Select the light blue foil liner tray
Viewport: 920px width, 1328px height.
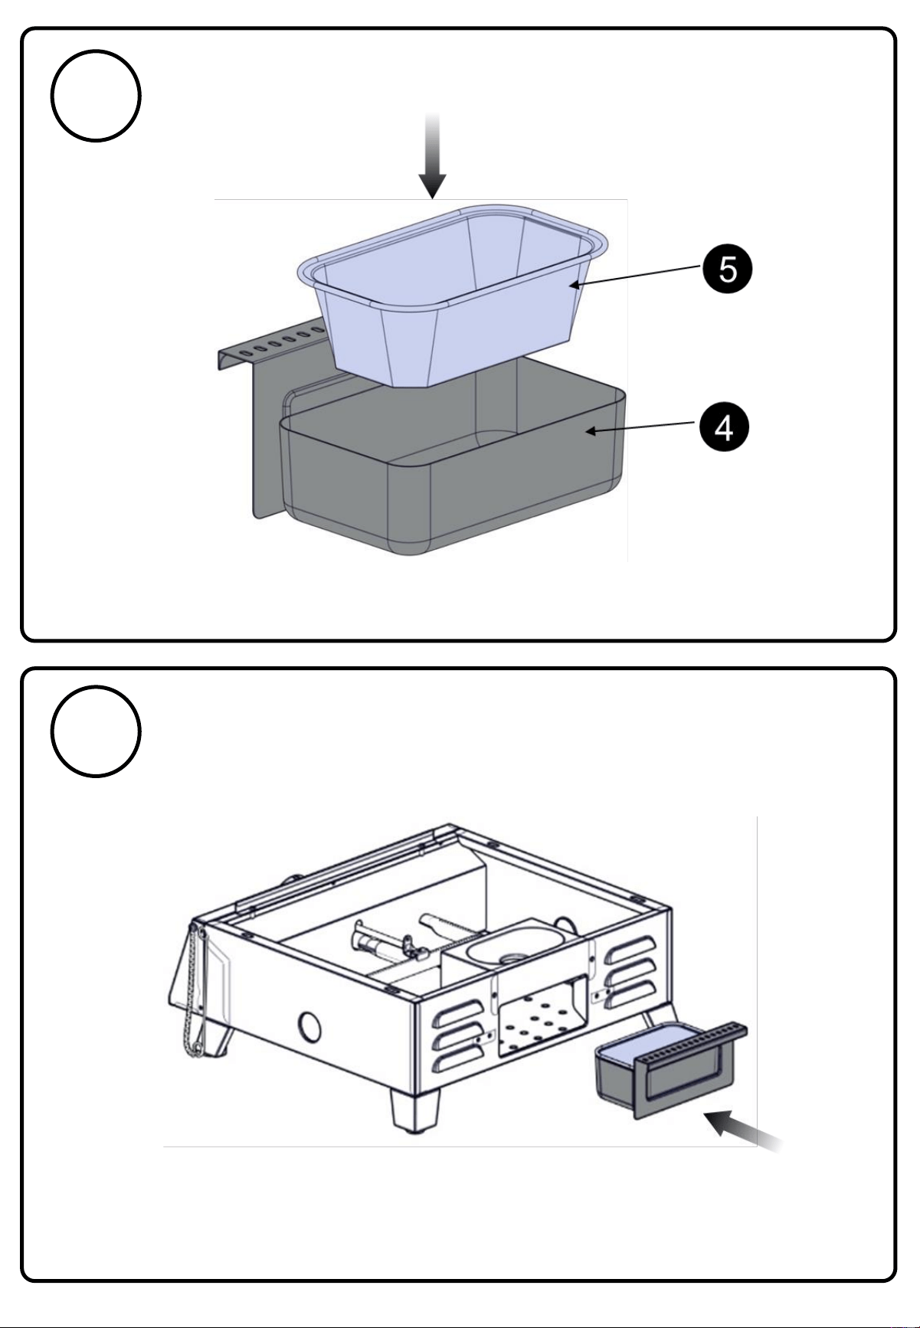point(452,295)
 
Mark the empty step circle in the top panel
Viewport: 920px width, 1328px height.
point(96,96)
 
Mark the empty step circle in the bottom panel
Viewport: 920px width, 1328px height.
point(96,731)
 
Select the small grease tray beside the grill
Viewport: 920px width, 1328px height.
point(671,1068)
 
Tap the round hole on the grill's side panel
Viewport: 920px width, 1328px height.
point(309,1026)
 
